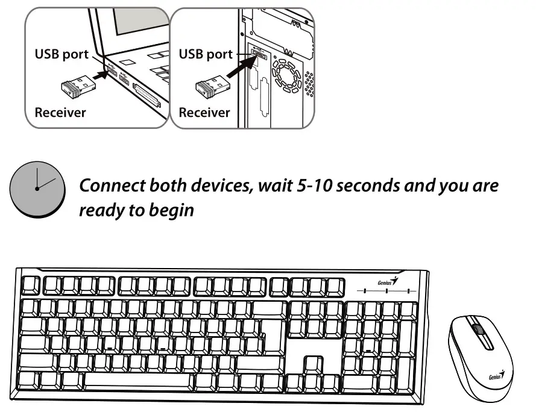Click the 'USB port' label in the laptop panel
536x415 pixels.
pos(61,54)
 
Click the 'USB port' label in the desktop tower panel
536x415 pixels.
pos(206,54)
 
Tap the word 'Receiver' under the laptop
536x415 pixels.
pos(60,112)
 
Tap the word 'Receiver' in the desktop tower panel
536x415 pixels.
pos(204,112)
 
